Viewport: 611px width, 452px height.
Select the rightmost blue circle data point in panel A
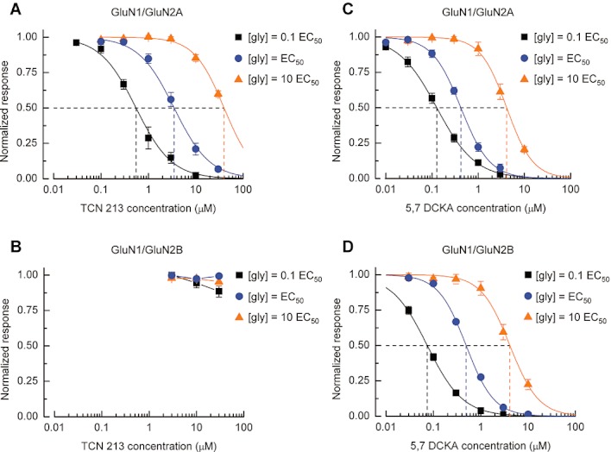[x=218, y=168]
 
